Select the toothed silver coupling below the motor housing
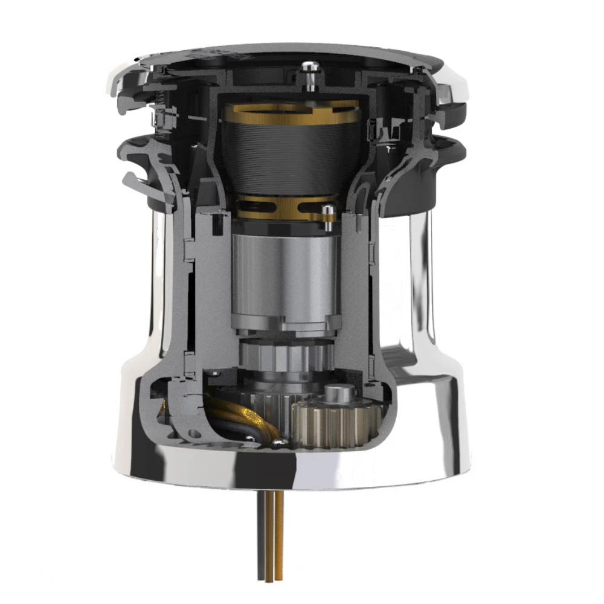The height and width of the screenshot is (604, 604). tap(284, 356)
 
